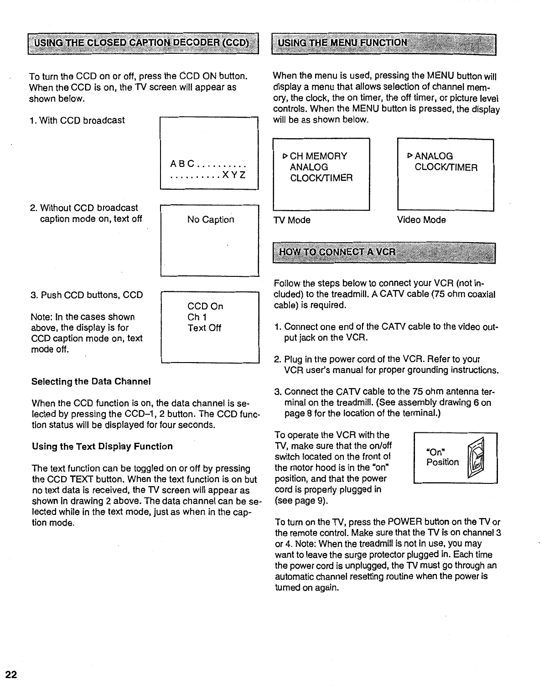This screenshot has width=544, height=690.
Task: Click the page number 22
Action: (11, 675)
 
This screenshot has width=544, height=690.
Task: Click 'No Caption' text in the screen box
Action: (211, 220)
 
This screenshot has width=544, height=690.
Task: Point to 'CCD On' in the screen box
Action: (205, 306)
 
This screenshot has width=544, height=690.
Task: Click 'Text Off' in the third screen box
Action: (204, 328)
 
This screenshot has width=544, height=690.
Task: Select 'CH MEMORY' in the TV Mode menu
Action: (318, 156)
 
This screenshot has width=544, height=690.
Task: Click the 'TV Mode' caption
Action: (292, 220)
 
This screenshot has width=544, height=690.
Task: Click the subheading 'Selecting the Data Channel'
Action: (91, 381)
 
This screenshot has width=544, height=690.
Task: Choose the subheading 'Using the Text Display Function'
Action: (102, 446)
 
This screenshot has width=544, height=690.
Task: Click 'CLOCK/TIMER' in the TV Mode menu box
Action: (321, 178)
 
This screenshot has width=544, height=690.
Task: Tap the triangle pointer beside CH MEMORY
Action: (285, 156)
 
